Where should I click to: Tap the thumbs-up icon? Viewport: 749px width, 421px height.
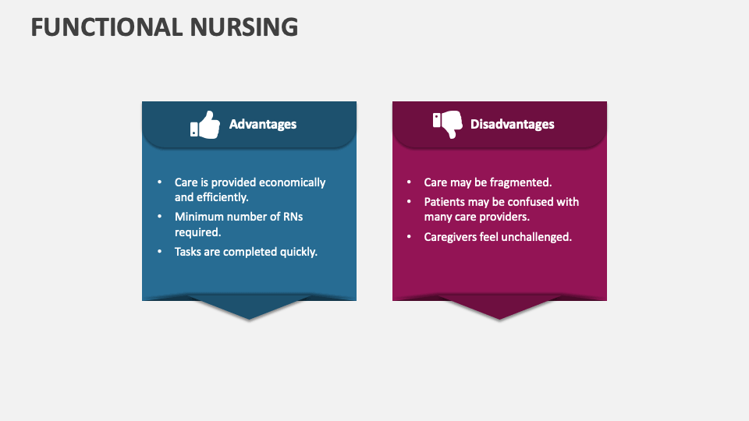[205, 125]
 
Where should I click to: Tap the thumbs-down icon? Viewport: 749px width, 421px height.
[448, 124]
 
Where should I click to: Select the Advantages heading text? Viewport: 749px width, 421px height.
[263, 124]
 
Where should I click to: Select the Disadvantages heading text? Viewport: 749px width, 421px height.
[512, 124]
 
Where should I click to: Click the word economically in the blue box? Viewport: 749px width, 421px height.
[292, 182]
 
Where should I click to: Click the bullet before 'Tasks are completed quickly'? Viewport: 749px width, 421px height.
[159, 252]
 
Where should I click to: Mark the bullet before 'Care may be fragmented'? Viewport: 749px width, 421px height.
[409, 182]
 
